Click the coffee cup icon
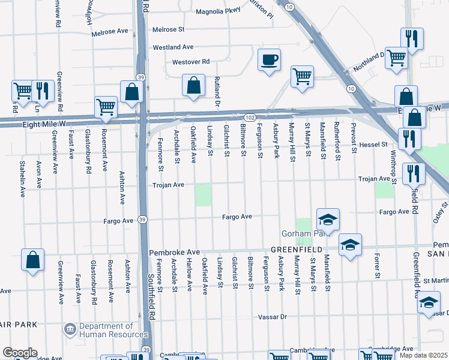point(269,60)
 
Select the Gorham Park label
point(299,233)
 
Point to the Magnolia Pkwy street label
point(218,12)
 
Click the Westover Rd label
point(190,62)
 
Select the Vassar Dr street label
point(275,316)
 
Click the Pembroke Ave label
point(174,253)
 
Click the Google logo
point(19,353)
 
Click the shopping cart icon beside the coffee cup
point(302,76)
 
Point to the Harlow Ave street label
point(189,275)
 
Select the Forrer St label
point(378,269)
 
